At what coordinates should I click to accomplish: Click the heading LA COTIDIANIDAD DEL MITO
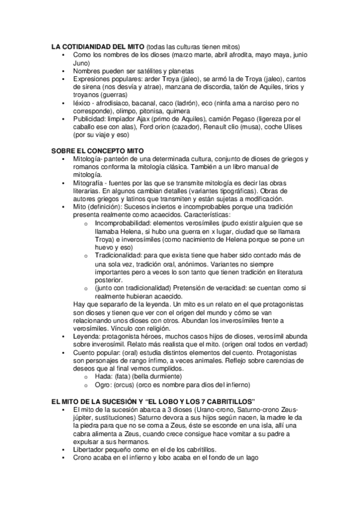click(97, 46)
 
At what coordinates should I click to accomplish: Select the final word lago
click(251, 458)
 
